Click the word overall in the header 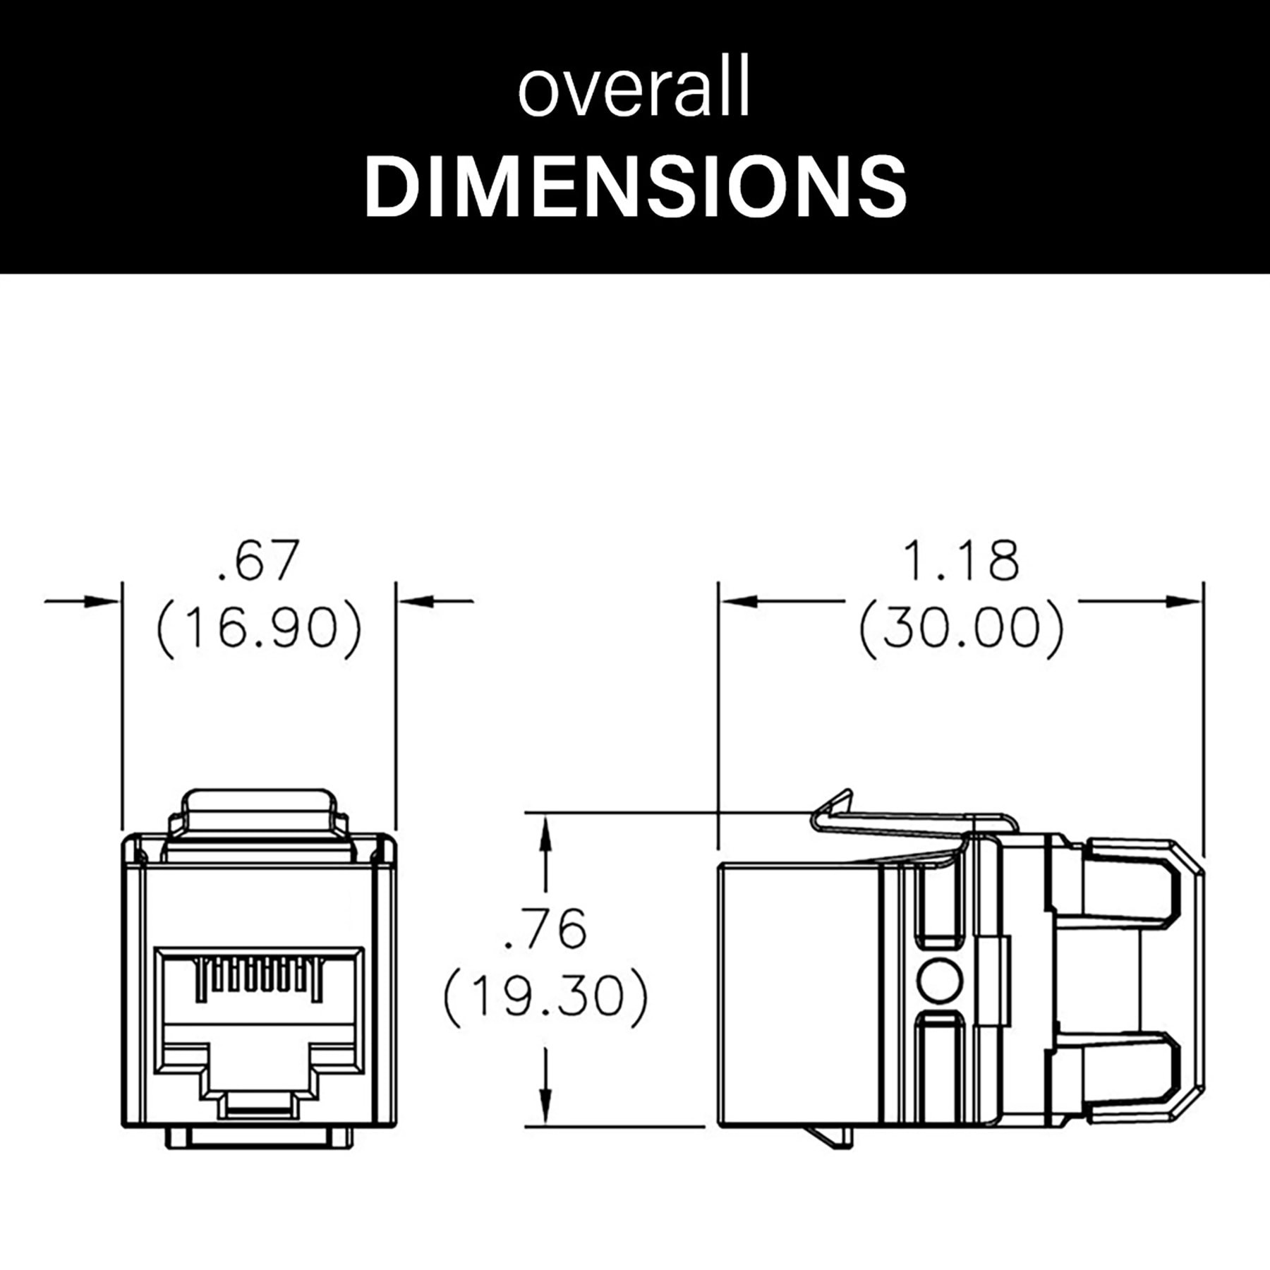tap(633, 92)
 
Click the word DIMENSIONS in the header tap(635, 185)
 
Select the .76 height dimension tap(545, 929)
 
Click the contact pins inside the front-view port tap(259, 977)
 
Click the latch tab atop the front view tap(258, 811)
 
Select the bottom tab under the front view tap(259, 1138)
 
